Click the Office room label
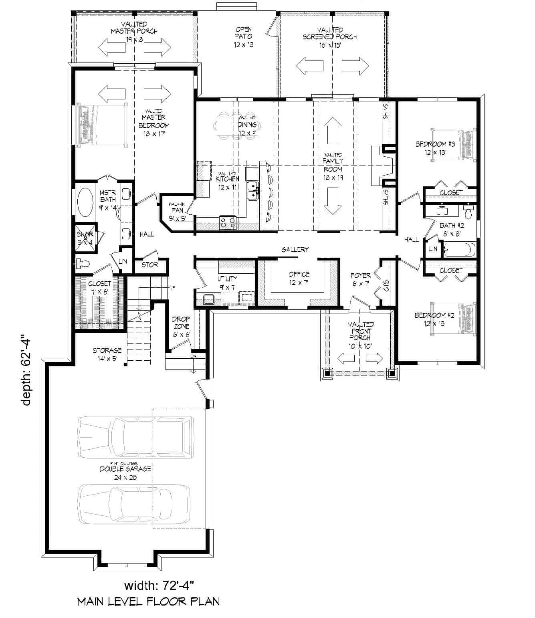click(x=299, y=278)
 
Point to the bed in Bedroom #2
click(x=453, y=318)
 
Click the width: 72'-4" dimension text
click(x=159, y=586)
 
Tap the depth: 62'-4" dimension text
click(x=27, y=371)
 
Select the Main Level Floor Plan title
click(x=148, y=601)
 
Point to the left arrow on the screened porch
click(x=309, y=66)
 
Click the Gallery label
click(x=295, y=250)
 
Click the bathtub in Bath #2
click(x=460, y=250)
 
